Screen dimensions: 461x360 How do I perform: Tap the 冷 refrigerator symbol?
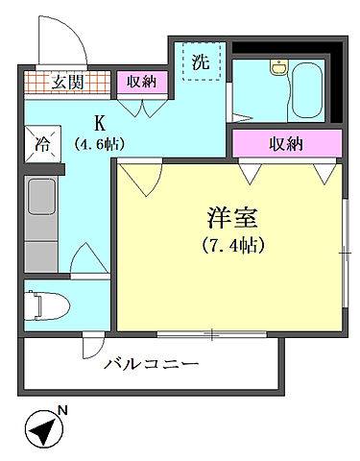click(43, 145)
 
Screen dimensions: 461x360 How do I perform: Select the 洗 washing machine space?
click(200, 64)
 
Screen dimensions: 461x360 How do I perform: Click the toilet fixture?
click(53, 306)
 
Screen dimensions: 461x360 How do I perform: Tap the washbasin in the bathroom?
click(278, 68)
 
